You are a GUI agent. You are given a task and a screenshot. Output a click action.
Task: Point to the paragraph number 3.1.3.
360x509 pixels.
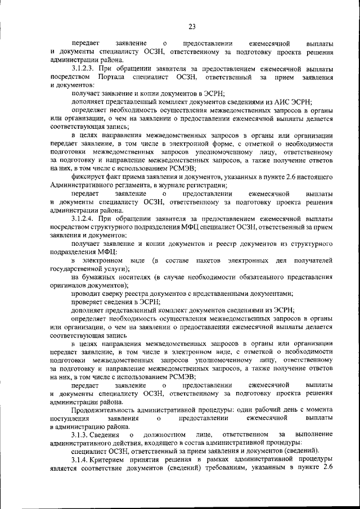[83, 435]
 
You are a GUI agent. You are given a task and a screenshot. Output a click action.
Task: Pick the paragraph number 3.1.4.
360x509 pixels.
[83, 459]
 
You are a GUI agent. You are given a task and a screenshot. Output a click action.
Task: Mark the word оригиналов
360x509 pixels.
[69, 286]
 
